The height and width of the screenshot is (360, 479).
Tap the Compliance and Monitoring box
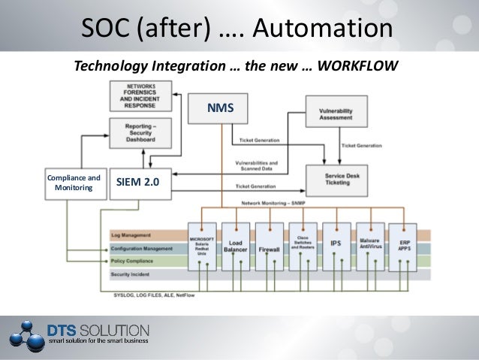pyautogui.click(x=74, y=183)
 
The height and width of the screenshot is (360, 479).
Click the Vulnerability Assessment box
pyautogui.click(x=336, y=113)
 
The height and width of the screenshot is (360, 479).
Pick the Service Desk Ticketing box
pyautogui.click(x=336, y=179)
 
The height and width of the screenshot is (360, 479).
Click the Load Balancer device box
pyautogui.click(x=235, y=245)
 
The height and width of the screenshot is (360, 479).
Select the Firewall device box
pyautogui.click(x=269, y=247)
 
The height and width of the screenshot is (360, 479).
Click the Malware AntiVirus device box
pyautogui.click(x=370, y=245)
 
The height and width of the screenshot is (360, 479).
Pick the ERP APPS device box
pyautogui.click(x=402, y=245)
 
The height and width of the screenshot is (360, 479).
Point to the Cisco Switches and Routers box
pyautogui.click(x=302, y=245)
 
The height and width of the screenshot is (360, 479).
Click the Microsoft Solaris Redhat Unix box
pyautogui.click(x=201, y=245)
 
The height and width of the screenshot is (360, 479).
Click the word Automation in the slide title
pyautogui.click(x=323, y=28)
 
